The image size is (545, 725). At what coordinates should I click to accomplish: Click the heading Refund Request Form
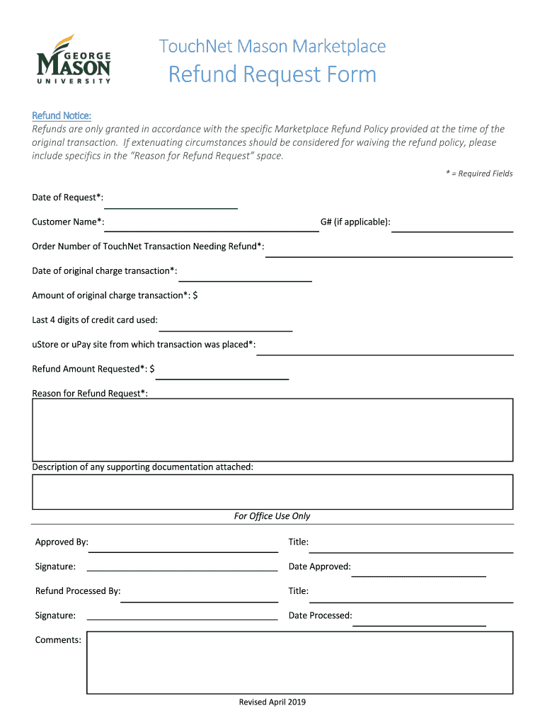pyautogui.click(x=272, y=75)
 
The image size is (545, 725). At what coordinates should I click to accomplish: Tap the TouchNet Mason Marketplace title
pyautogui.click(x=272, y=47)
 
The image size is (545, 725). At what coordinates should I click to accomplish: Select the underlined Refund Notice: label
pyautogui.click(x=62, y=115)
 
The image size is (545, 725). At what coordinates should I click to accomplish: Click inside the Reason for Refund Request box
pyautogui.click(x=272, y=430)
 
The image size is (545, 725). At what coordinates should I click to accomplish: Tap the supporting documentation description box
pyautogui.click(x=272, y=491)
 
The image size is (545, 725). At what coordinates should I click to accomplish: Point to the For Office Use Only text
pyautogui.click(x=272, y=516)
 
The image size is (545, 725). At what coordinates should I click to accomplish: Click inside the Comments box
pyautogui.click(x=299, y=662)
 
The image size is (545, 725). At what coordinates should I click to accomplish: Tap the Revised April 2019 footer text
pyautogui.click(x=272, y=702)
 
